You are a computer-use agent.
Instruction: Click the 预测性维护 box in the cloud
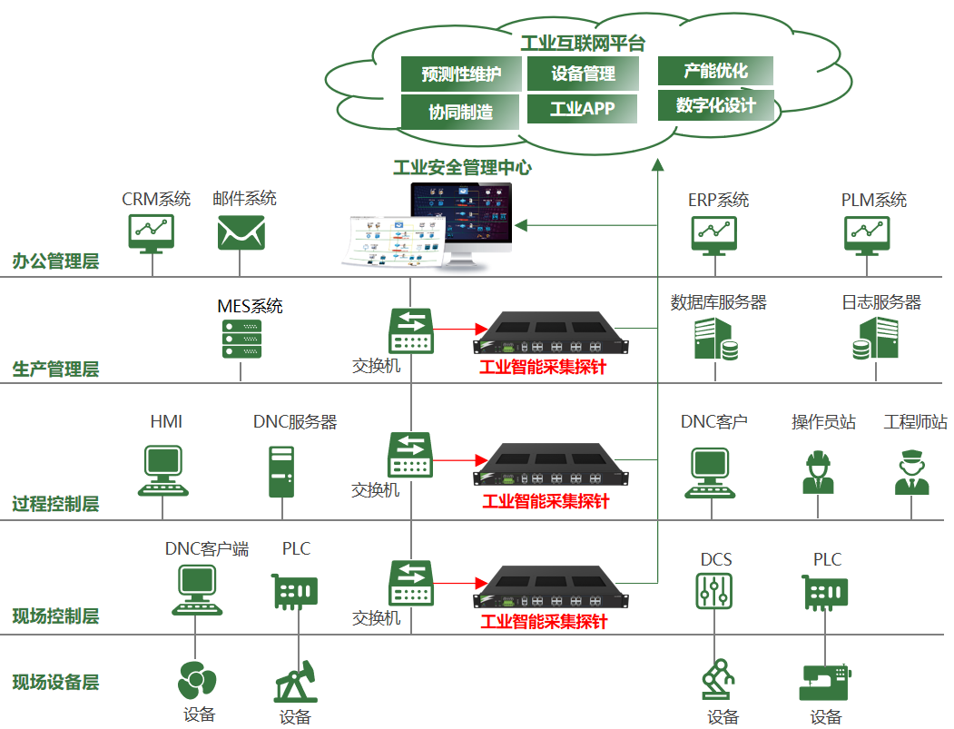click(x=461, y=74)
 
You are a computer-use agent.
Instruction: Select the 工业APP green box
click(x=582, y=109)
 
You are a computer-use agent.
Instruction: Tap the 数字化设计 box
click(x=715, y=105)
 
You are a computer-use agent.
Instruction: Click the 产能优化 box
click(x=715, y=71)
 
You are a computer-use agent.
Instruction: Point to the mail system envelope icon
click(x=241, y=232)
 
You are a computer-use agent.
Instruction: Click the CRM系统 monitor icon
click(x=151, y=232)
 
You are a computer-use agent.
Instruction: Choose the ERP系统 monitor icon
click(x=715, y=233)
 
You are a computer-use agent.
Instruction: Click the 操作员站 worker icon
click(x=818, y=472)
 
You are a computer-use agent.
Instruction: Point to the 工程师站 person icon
click(x=911, y=472)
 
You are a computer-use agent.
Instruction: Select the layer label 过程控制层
click(x=55, y=504)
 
